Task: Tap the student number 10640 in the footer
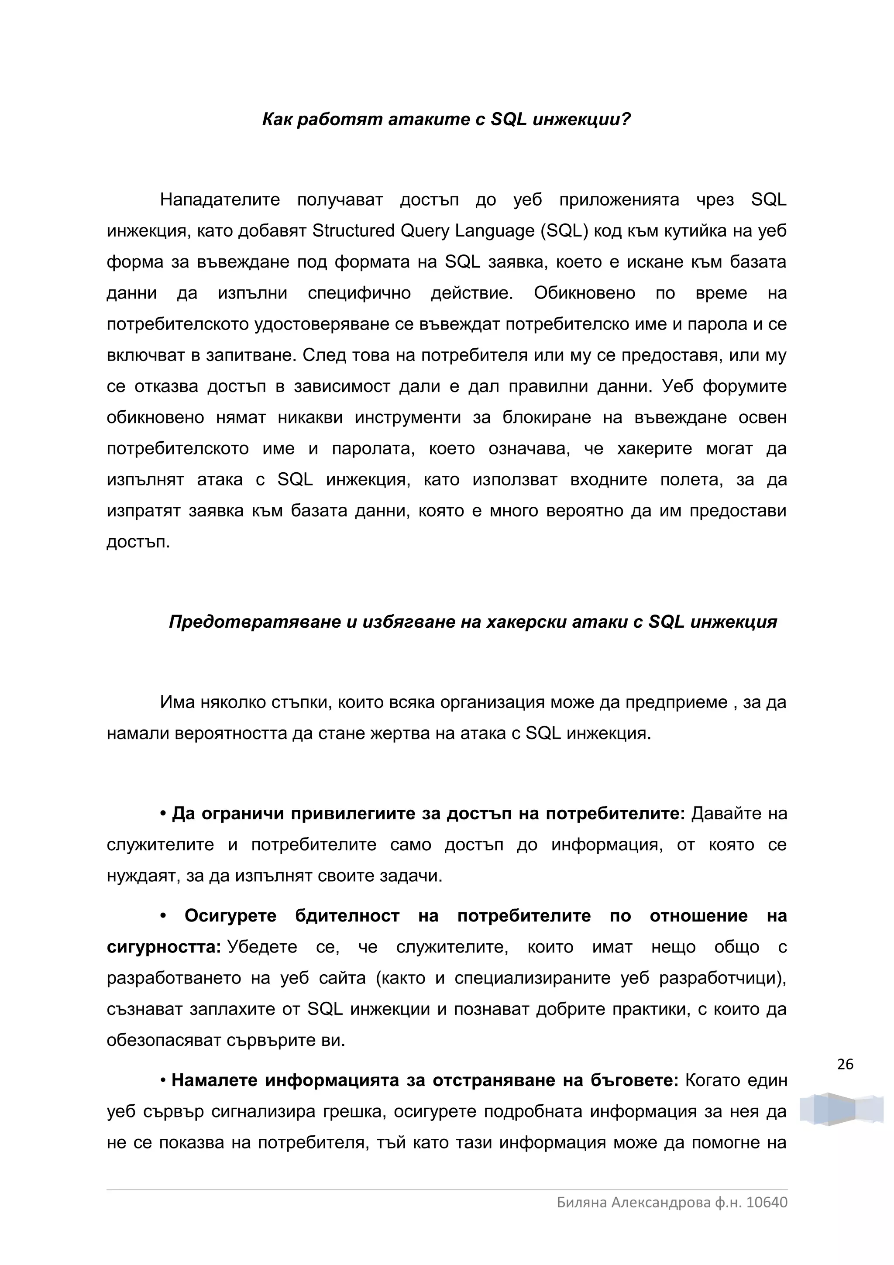[x=767, y=1202]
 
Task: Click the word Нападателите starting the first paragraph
[x=220, y=199]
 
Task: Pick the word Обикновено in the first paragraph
[x=584, y=293]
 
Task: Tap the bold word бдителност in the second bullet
[x=347, y=916]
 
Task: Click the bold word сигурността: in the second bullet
[x=164, y=947]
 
